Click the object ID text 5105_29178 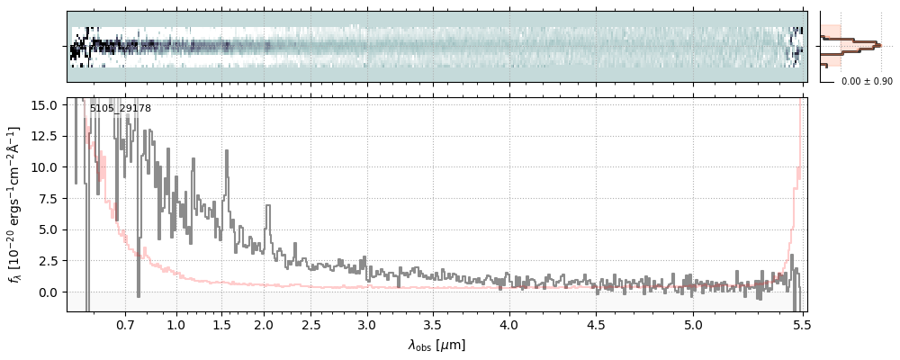coord(120,109)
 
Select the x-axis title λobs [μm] coord(436,345)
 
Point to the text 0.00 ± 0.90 coord(866,82)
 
